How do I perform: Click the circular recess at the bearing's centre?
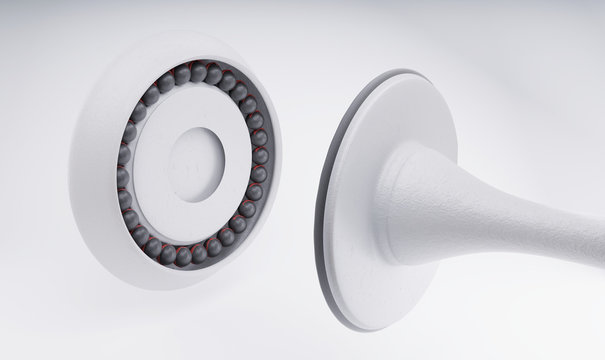point(196,164)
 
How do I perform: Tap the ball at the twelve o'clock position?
point(198,71)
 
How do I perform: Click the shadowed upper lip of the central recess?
point(199,131)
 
